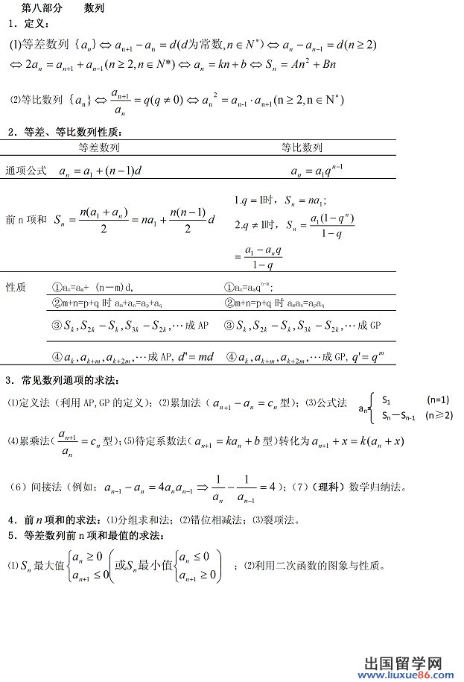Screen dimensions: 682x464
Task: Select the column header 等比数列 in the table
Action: pyautogui.click(x=302, y=148)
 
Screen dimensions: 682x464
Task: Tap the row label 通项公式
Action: pyautogui.click(x=26, y=171)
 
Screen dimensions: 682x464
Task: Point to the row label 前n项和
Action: pyautogui.click(x=25, y=220)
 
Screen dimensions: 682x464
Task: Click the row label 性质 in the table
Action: pyautogui.click(x=16, y=287)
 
